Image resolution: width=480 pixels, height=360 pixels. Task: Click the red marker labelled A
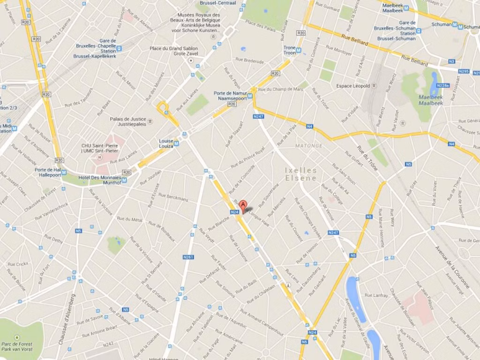243,205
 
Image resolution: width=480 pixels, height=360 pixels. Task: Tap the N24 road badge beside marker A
235,212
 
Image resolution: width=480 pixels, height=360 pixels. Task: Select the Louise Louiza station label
166,143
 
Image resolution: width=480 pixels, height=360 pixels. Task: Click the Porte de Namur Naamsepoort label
230,96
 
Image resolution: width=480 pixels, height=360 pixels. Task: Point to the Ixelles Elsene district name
301,174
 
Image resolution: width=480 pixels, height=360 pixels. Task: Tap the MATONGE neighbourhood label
309,146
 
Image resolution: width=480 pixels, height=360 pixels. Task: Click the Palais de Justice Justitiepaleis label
128,121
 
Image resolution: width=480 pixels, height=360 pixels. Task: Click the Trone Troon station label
290,50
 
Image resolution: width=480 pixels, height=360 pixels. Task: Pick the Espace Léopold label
353,86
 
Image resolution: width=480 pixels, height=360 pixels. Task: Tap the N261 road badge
188,257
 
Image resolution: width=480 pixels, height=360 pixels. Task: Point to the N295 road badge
463,71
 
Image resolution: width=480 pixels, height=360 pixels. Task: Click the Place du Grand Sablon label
173,51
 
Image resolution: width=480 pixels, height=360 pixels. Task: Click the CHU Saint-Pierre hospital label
100,148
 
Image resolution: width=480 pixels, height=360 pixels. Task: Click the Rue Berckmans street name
174,197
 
